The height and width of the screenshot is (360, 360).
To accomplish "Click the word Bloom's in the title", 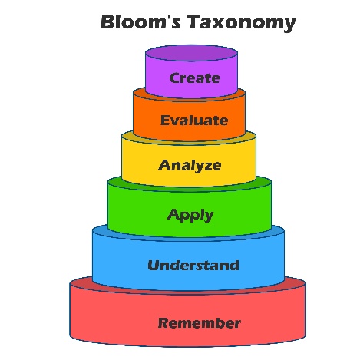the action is point(141,21).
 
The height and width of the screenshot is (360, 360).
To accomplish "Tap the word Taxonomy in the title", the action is point(241,23).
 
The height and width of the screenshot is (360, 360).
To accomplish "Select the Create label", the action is point(194,78).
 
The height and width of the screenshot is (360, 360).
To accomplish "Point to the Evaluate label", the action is point(194,121).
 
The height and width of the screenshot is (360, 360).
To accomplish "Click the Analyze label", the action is point(190,166).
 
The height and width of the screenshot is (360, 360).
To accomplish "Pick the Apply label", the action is point(190,215).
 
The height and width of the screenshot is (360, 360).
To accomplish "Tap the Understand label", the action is point(193,266).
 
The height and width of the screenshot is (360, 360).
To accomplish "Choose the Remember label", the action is point(200,323).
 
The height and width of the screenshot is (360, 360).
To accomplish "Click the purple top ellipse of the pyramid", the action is point(191,53).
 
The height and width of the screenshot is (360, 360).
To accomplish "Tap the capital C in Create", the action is point(174,78).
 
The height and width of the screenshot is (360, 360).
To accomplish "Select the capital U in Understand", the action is point(154,266).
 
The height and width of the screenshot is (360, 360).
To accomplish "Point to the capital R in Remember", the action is point(163,323).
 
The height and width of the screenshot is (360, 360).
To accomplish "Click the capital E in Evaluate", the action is point(165,121).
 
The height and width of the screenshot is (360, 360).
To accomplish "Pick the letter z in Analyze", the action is point(206,167).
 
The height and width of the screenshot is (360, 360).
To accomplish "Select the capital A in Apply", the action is point(173,214).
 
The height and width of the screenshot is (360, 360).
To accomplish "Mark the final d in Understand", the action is point(234,265).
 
